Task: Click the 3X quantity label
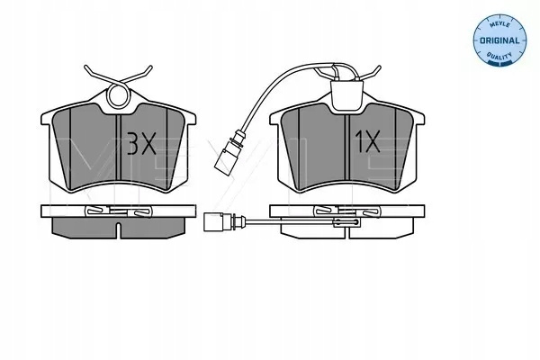[141, 143]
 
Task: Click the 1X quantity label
[368, 141]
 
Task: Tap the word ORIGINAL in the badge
[499, 40]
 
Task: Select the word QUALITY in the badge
[499, 55]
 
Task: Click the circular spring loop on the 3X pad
[119, 95]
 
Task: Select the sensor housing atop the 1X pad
[346, 94]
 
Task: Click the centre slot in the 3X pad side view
[118, 230]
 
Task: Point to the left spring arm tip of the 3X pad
[86, 67]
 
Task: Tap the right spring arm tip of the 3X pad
[149, 67]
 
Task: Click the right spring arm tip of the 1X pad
[379, 67]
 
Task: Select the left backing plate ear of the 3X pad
[46, 118]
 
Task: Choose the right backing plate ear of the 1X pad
[418, 118]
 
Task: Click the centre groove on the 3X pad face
[118, 148]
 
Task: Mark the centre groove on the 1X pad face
[346, 148]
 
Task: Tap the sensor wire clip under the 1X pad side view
[346, 223]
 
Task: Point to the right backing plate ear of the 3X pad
[191, 118]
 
